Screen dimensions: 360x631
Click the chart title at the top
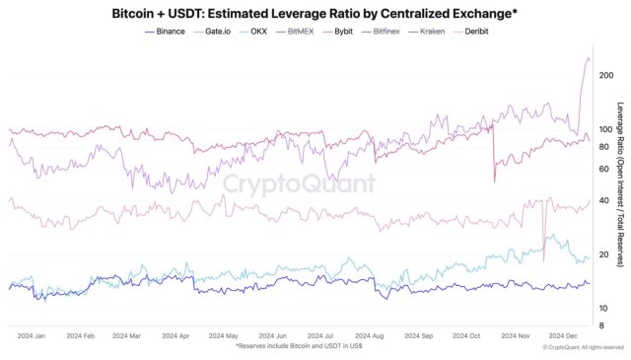315,13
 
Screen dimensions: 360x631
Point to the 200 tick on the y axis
606,75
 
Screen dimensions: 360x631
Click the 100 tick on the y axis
606,128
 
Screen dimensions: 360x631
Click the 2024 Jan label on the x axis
33,335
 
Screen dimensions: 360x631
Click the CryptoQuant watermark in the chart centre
299,183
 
